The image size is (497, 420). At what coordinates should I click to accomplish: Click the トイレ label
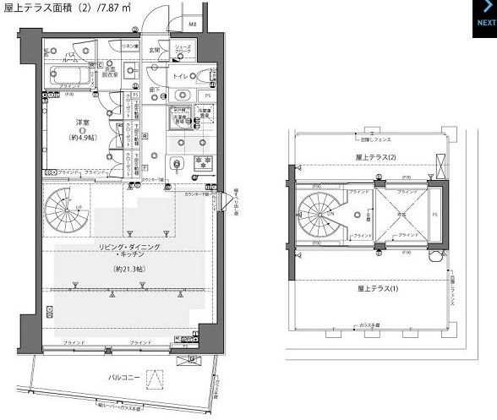pos(181,76)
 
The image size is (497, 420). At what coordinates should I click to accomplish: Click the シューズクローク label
pos(182,50)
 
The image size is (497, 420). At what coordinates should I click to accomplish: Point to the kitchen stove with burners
pos(203,162)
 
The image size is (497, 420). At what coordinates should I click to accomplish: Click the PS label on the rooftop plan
pos(434,215)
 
